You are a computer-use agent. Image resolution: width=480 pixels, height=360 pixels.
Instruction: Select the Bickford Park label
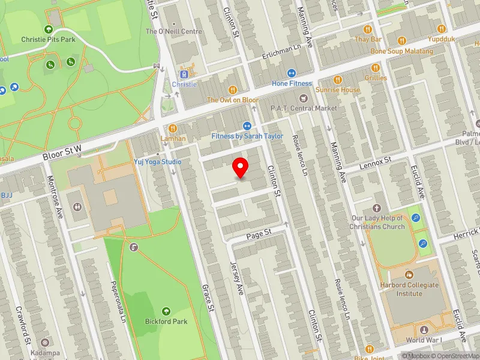[166, 321]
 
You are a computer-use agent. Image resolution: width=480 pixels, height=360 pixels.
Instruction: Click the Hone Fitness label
[292, 83]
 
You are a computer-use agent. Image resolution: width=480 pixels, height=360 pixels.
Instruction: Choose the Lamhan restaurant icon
[173, 128]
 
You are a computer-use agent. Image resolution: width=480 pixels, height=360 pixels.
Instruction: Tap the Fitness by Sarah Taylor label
[247, 136]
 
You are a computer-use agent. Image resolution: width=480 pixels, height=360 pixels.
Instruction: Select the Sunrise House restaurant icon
[338, 79]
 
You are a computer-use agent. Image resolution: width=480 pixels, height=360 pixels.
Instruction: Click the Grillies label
[376, 78]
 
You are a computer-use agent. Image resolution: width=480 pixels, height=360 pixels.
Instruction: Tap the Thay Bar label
[368, 39]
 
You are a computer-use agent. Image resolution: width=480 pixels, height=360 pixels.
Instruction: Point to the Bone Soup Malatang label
[401, 51]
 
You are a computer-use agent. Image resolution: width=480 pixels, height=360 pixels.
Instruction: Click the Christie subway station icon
[184, 74]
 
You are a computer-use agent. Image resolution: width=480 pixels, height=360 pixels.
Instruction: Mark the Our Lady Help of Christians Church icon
[377, 207]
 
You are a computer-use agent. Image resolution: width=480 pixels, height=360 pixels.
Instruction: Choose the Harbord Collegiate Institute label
[409, 289]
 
